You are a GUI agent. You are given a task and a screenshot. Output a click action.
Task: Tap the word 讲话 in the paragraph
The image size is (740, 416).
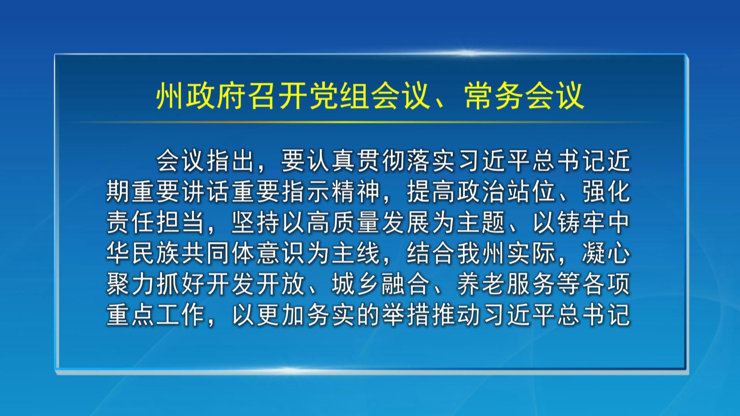[x=206, y=191]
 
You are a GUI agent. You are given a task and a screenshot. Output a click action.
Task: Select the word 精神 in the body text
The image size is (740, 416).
[x=357, y=191]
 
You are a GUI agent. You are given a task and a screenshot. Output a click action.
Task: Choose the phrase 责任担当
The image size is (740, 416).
[x=156, y=222]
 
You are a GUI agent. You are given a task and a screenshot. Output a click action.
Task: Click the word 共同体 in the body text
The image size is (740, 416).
[x=219, y=253]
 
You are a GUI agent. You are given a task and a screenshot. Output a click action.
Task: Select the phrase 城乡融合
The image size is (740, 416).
[x=382, y=284]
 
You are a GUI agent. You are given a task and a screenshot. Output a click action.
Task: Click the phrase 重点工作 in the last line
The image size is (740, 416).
[x=156, y=315]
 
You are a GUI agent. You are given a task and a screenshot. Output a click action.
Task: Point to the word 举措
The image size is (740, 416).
[x=407, y=315]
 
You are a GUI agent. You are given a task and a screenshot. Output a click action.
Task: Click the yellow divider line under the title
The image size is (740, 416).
[x=370, y=122]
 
